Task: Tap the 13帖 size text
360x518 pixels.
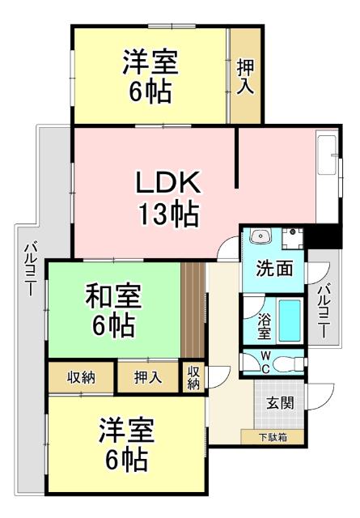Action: (x=167, y=214)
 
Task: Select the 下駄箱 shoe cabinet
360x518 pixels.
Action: (x=271, y=438)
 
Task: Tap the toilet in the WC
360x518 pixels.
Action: (x=285, y=362)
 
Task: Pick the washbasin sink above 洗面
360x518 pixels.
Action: (x=260, y=237)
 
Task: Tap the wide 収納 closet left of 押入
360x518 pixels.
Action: (x=81, y=377)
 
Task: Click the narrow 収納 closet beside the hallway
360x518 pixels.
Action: (x=193, y=377)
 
